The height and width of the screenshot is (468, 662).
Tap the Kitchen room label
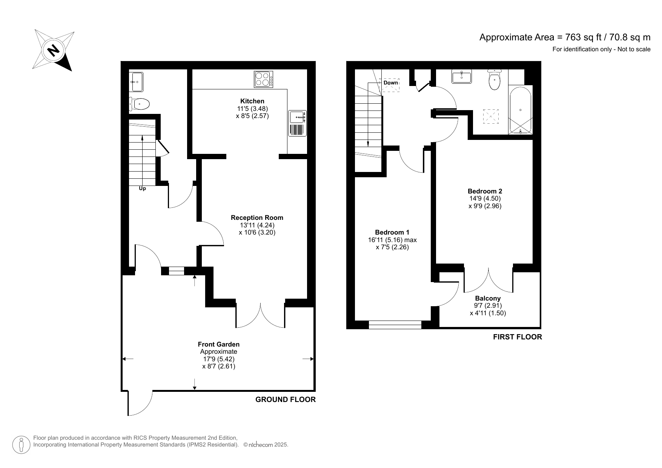pos(252,101)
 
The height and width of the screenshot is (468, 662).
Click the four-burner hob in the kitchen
pos(264,80)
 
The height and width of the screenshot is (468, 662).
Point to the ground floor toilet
pos(140,103)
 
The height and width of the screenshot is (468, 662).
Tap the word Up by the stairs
pos(142,188)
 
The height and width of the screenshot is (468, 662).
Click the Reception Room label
pos(257,218)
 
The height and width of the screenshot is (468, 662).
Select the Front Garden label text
pos(218,344)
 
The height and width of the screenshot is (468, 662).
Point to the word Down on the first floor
pos(390,83)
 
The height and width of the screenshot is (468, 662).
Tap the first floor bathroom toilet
pos(494,80)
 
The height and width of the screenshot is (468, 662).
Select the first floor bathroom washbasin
pos(461,77)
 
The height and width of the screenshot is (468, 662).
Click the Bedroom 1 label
pos(392,232)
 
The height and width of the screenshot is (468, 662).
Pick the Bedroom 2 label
pos(485,191)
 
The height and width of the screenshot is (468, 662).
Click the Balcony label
pos(488,298)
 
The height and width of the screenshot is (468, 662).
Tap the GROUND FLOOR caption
pos(285,400)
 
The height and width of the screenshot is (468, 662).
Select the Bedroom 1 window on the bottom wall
pos(395,325)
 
